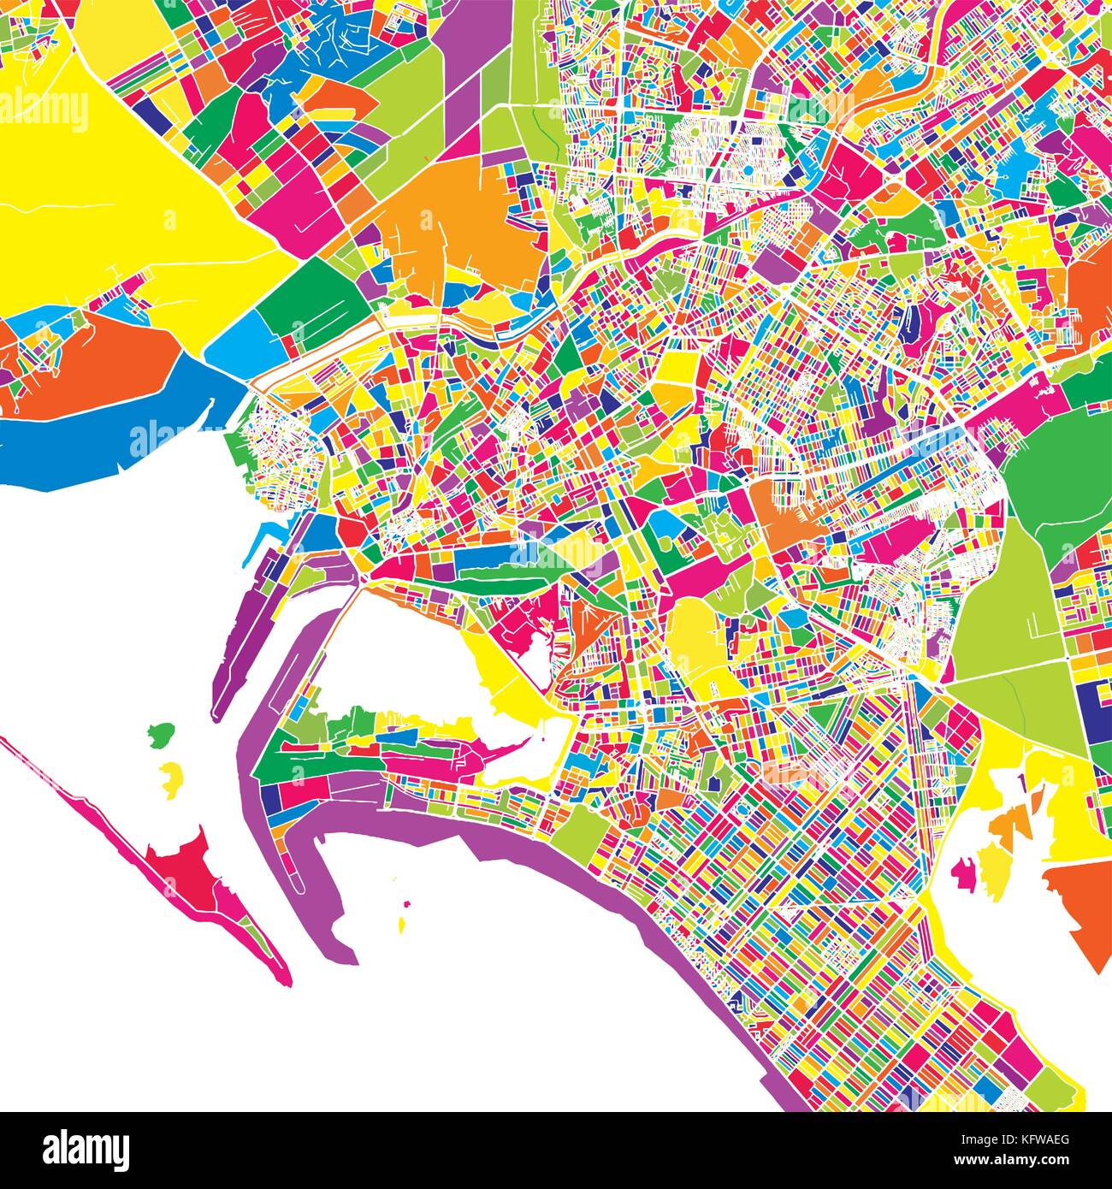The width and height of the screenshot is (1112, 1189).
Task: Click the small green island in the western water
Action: (x=160, y=734)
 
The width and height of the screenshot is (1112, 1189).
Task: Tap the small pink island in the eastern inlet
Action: (x=964, y=873)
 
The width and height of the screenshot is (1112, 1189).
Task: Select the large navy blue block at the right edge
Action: (x=1094, y=709)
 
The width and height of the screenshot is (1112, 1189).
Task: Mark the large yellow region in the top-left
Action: (x=128, y=188)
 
